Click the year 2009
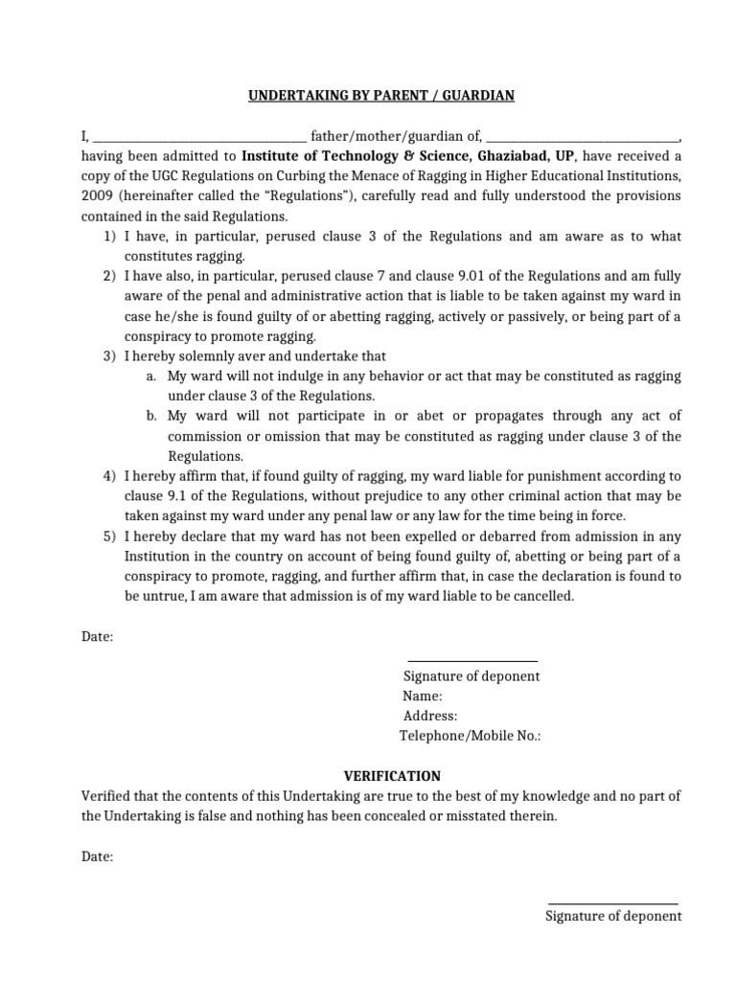coord(97,196)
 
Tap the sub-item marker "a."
coord(152,376)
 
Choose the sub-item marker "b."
coord(152,416)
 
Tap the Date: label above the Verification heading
coord(97,636)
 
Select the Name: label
coord(423,696)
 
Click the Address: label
coord(430,716)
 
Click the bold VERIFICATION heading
coord(392,776)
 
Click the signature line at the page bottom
coord(612,903)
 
